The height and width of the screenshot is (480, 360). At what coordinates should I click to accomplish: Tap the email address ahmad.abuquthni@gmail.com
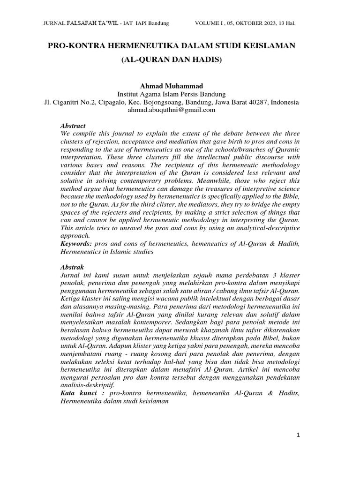point(171,110)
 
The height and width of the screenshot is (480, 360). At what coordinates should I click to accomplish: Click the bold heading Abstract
point(74,126)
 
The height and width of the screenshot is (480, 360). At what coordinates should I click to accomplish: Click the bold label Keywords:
point(77,245)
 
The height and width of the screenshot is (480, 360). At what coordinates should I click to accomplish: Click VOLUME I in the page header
point(209,23)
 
